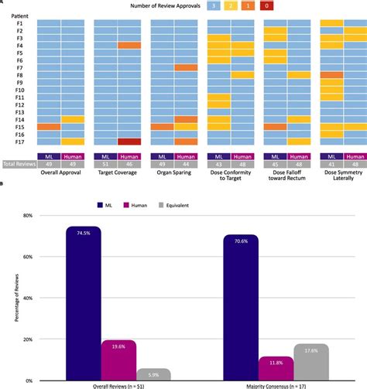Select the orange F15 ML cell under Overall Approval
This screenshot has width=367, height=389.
click(x=49, y=127)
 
